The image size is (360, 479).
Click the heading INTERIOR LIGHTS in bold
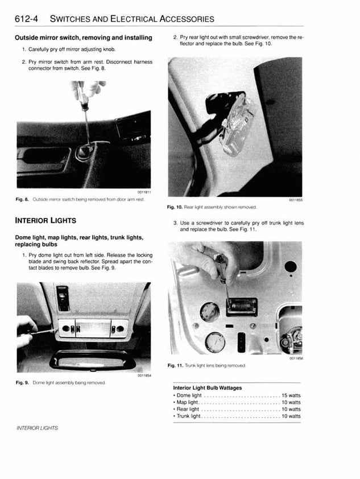tap(45, 220)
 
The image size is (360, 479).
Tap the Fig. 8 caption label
tap(23, 199)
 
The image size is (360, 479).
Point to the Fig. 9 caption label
tap(23, 382)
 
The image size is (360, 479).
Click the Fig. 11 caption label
tap(176, 366)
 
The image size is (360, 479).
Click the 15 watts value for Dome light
tap(291, 395)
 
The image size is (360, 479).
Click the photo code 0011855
tap(295, 201)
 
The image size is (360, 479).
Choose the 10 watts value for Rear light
tap(291, 409)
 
